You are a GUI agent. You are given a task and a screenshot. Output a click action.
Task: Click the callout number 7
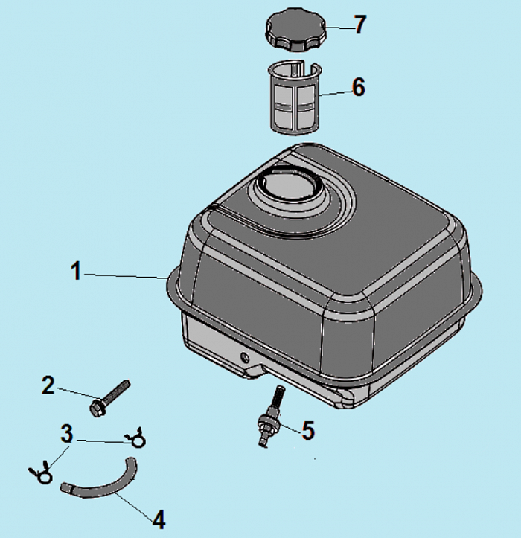click(x=359, y=25)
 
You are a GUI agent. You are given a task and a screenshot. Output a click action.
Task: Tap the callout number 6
click(x=359, y=87)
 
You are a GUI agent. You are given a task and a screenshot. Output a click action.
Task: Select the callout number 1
click(x=76, y=271)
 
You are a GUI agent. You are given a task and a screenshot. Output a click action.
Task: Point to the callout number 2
click(x=48, y=385)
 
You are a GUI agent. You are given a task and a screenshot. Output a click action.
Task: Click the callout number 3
click(x=66, y=434)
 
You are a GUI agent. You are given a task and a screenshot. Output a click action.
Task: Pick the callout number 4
click(x=159, y=519)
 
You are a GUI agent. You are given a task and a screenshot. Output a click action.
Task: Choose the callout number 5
click(x=308, y=430)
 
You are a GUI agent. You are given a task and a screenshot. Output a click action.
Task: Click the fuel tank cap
click(x=295, y=31)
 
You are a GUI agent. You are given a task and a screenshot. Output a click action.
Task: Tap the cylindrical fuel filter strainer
click(x=295, y=97)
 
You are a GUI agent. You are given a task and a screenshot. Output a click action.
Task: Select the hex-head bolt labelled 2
click(x=109, y=398)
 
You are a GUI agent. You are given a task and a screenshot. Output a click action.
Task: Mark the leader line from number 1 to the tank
click(x=126, y=276)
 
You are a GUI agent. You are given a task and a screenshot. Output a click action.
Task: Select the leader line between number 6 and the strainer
click(x=335, y=92)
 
